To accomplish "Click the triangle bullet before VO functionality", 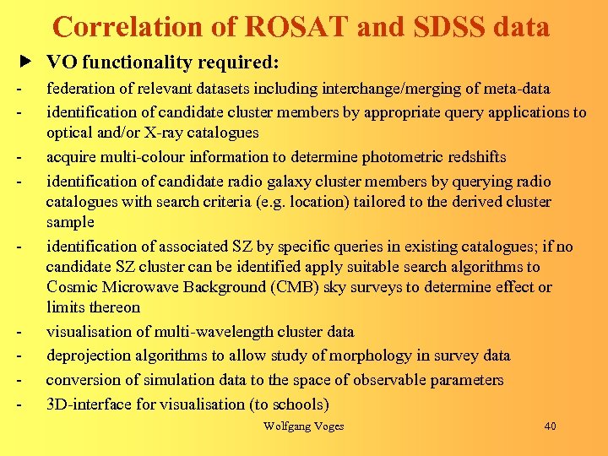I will (x=26, y=63).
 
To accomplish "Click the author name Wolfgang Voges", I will (x=304, y=426).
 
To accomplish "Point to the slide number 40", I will (x=550, y=426).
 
